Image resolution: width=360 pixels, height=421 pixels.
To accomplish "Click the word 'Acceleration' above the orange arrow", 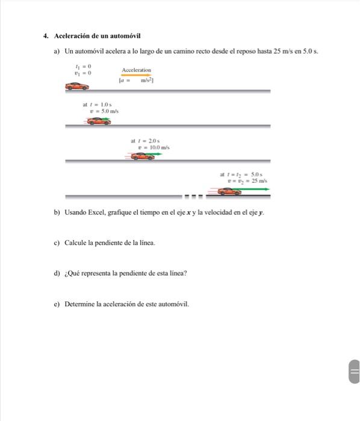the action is click(136, 70).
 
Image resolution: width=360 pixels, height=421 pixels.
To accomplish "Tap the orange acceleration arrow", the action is click(136, 75).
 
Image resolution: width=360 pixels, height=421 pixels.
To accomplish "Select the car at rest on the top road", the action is click(76, 87).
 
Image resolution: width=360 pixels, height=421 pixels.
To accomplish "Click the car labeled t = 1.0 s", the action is click(98, 121).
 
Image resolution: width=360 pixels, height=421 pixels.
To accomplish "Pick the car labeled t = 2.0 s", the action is click(142, 156).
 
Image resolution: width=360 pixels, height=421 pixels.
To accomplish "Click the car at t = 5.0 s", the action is click(229, 191).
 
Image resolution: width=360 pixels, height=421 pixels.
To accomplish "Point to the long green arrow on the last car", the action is click(255, 189).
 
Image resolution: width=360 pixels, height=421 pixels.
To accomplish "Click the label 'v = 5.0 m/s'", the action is click(104, 111).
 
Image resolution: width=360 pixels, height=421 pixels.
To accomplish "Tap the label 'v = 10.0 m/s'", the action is click(154, 147).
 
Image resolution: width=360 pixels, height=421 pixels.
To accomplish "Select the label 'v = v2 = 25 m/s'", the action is click(247, 180).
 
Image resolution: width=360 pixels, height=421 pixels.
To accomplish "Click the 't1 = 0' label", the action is click(82, 66).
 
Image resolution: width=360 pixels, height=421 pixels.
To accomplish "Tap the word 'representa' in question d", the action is click(97, 273).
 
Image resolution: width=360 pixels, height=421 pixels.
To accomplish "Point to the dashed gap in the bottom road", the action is click(193, 196).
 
